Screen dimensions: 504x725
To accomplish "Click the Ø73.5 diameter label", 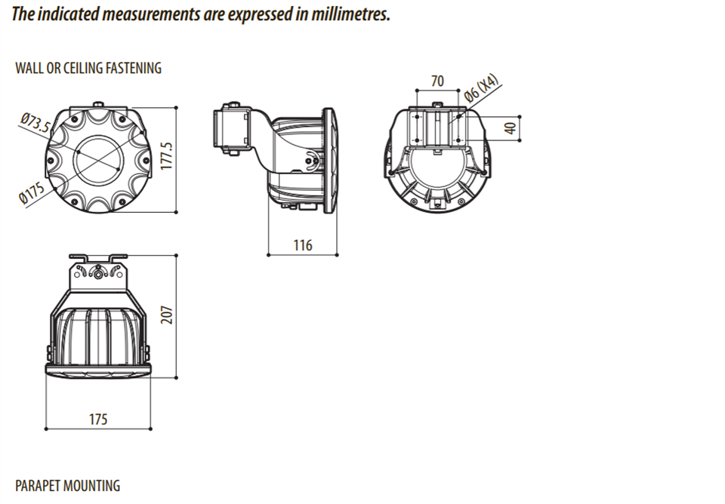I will pyautogui.click(x=35, y=123).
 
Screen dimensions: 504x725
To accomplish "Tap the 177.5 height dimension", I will pyautogui.click(x=167, y=158).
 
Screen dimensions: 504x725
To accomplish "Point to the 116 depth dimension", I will pyautogui.click(x=303, y=245).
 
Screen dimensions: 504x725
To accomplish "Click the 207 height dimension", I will pyautogui.click(x=167, y=315).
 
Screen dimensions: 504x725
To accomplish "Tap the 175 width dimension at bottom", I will pyautogui.click(x=98, y=419).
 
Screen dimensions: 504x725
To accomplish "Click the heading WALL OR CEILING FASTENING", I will pyautogui.click(x=88, y=68).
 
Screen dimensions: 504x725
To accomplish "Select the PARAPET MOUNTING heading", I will pyautogui.click(x=67, y=485).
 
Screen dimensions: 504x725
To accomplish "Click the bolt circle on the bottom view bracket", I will pyautogui.click(x=99, y=273).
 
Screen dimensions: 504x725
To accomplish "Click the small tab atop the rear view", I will pyautogui.click(x=437, y=103).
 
